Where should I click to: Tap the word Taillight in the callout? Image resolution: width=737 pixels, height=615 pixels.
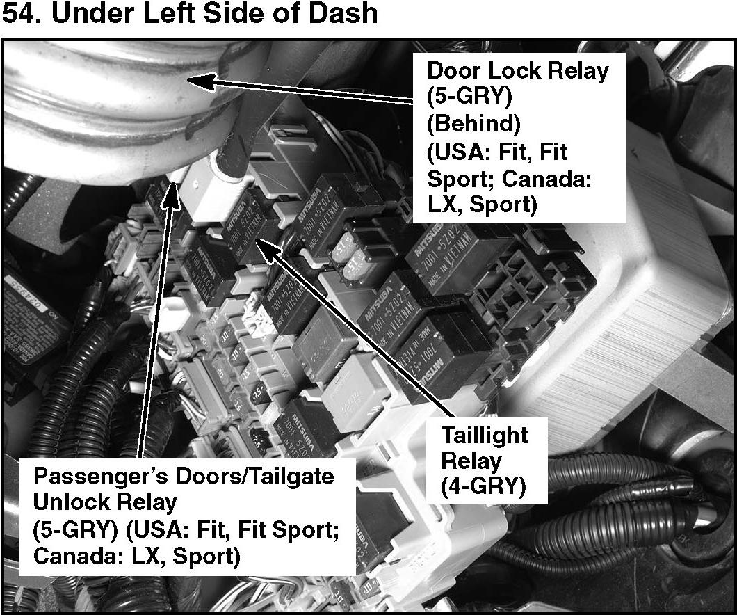click(485, 436)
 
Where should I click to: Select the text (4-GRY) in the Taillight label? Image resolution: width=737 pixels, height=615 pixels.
click(483, 486)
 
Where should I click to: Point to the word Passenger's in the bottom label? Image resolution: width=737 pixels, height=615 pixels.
click(97, 477)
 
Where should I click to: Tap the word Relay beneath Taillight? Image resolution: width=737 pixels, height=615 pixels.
click(471, 461)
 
